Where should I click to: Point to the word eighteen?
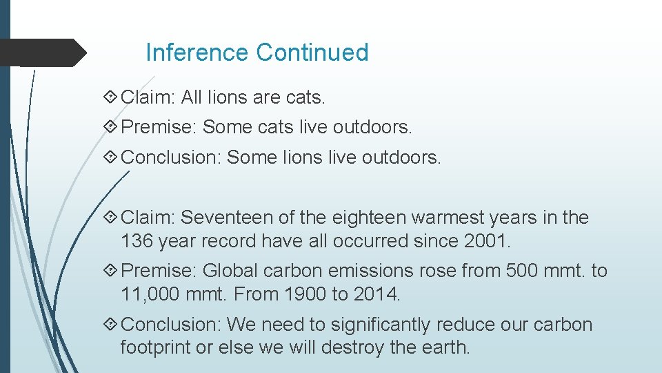(x=370, y=218)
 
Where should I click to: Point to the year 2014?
(x=376, y=295)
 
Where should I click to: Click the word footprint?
(x=155, y=347)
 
